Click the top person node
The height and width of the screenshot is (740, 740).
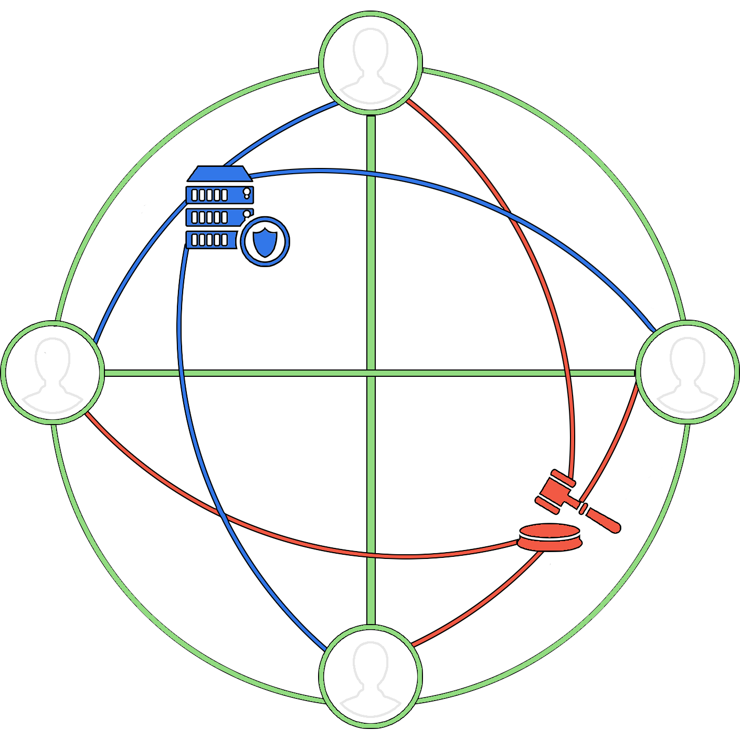(x=371, y=62)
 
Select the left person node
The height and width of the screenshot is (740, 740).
(x=52, y=372)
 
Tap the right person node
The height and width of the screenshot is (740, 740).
(x=688, y=372)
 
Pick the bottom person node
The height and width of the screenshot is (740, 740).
(x=371, y=676)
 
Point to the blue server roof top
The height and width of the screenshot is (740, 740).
(x=220, y=174)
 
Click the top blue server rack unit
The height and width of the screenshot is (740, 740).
(x=220, y=195)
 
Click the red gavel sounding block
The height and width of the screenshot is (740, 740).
(x=549, y=537)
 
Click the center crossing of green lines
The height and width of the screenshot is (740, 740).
(x=371, y=373)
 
